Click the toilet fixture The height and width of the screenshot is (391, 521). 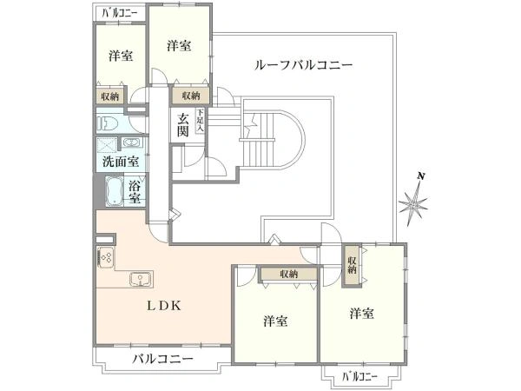pyautogui.click(x=108, y=124)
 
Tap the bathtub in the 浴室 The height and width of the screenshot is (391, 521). pyautogui.click(x=115, y=192)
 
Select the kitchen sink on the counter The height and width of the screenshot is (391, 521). pyautogui.click(x=142, y=279)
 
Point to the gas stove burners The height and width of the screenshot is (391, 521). pyautogui.click(x=106, y=257)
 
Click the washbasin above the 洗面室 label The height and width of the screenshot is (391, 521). pyautogui.click(x=132, y=142)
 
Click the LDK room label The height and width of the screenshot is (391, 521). pyautogui.click(x=164, y=306)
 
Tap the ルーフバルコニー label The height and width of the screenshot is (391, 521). pyautogui.click(x=303, y=65)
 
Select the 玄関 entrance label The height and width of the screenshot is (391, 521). pyautogui.click(x=183, y=124)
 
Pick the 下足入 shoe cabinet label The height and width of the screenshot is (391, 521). pyautogui.click(x=200, y=120)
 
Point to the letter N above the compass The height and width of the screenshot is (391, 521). pyautogui.click(x=421, y=176)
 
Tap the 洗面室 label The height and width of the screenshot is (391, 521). pyautogui.click(x=121, y=162)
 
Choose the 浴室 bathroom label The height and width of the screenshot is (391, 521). pyautogui.click(x=135, y=192)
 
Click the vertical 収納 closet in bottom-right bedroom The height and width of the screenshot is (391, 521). pyautogui.click(x=352, y=265)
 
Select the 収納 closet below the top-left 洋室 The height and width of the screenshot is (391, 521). pyautogui.click(x=110, y=96)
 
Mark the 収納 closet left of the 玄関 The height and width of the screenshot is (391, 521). pyautogui.click(x=191, y=96)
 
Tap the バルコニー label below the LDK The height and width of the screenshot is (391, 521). pyautogui.click(x=163, y=359)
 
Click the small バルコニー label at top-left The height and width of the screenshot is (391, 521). pyautogui.click(x=120, y=13)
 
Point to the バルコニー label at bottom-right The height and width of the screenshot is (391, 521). pyautogui.click(x=359, y=377)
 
